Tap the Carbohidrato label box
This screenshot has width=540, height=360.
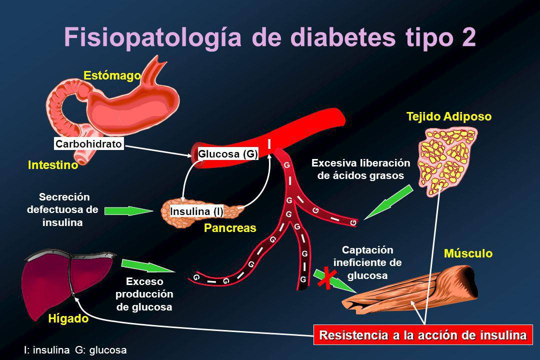pos(88,144)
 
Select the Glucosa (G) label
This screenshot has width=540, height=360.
pos(228,154)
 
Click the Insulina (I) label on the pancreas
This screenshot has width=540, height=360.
pos(196,211)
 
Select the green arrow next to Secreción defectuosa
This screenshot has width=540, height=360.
pos(128,211)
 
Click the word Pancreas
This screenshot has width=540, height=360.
pos(229,228)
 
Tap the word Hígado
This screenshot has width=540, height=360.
pos(67,319)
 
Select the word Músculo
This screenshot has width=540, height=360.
pos(468,254)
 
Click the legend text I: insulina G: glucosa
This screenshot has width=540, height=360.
pos(75,350)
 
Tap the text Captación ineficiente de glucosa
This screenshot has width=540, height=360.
pos(367,262)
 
